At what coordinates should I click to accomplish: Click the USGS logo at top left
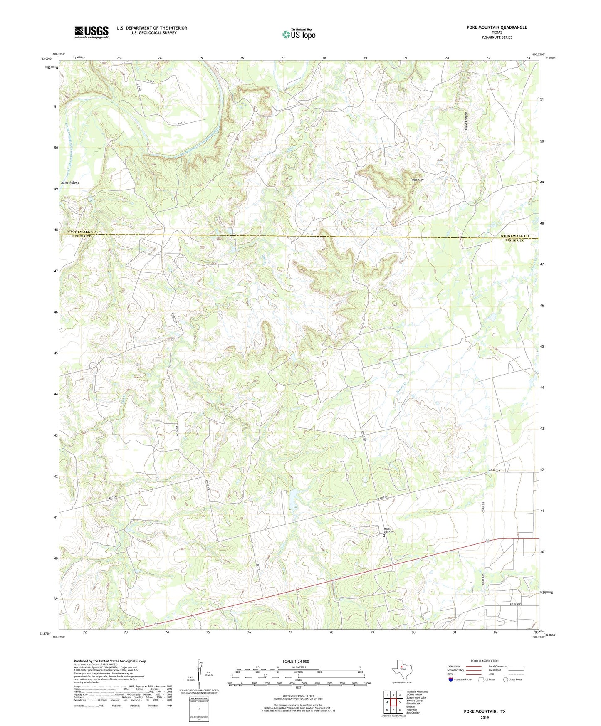click(91, 32)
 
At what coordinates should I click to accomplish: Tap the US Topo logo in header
click(299, 34)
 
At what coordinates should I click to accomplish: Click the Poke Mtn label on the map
click(417, 180)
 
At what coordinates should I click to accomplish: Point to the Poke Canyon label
click(467, 121)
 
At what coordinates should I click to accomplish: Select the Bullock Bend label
click(70, 183)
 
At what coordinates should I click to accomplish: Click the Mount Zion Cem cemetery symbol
click(384, 536)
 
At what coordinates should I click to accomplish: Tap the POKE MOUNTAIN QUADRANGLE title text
click(497, 27)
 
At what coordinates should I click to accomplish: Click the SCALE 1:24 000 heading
click(296, 662)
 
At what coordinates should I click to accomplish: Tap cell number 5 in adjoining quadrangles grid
click(399, 702)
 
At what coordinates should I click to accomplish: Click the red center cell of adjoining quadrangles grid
click(393, 702)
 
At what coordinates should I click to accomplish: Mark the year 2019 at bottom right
click(485, 717)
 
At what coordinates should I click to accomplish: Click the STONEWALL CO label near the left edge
click(82, 232)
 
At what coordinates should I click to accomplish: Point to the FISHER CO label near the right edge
click(514, 240)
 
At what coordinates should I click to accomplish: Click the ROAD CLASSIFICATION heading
click(485, 661)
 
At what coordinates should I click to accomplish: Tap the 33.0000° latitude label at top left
click(46, 59)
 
